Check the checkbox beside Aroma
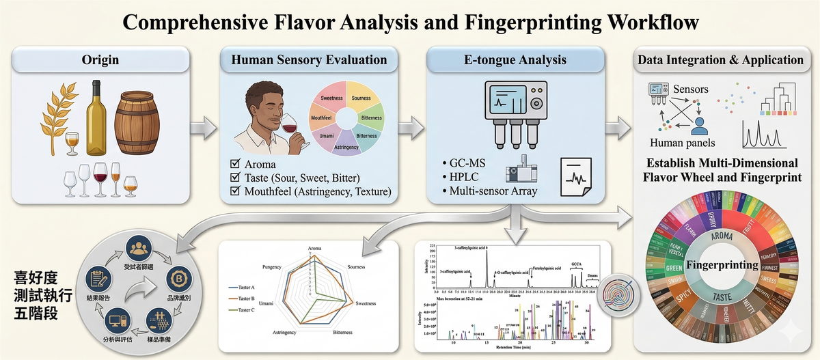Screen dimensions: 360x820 (x=235, y=165)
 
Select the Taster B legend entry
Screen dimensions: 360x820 (x=245, y=298)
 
